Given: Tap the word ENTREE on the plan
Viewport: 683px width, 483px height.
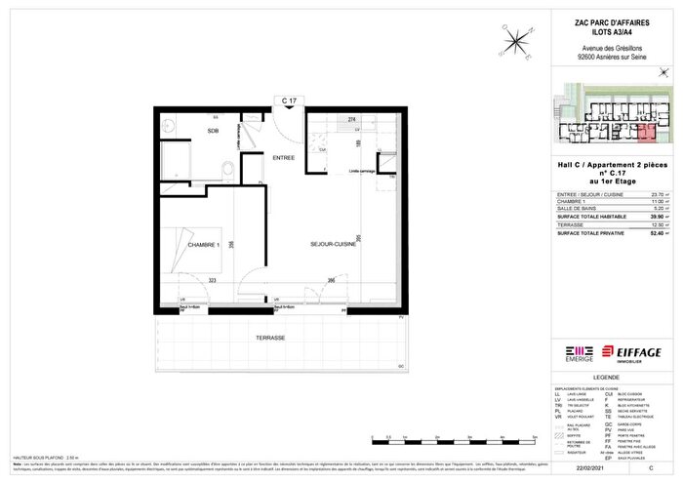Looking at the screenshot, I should (x=284, y=157).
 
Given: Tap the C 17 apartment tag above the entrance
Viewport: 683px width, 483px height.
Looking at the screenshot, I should (x=288, y=101).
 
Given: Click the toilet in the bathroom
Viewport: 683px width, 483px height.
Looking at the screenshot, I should (x=225, y=172).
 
